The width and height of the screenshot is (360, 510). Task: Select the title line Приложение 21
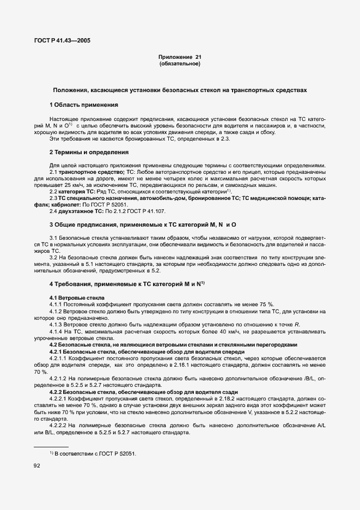[x=180, y=57]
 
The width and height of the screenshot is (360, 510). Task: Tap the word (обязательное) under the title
[x=180, y=64]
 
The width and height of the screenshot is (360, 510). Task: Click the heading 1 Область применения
[x=84, y=104]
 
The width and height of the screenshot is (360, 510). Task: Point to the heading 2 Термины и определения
[x=89, y=152]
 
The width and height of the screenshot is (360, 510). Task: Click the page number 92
[x=38, y=466]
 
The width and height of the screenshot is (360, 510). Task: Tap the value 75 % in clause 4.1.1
[x=266, y=304]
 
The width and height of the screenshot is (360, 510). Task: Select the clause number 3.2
[x=53, y=256]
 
